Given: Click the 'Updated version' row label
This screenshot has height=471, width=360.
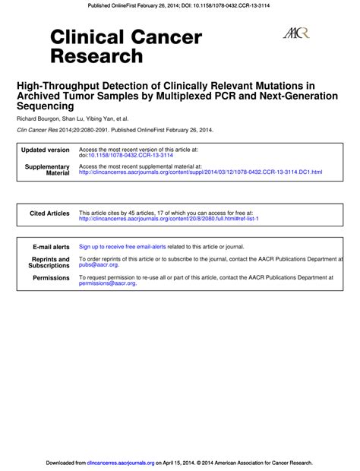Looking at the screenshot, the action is coord(46,150).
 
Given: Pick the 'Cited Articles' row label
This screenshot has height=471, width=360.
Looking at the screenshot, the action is coord(49,213).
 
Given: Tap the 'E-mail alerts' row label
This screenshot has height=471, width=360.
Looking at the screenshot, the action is coord(51,247).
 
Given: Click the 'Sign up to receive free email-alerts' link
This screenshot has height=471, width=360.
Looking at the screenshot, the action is coord(122,247).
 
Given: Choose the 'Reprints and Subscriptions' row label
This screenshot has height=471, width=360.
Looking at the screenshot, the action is coord(49,262).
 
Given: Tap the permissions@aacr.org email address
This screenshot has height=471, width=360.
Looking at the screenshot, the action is coord(108,283).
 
